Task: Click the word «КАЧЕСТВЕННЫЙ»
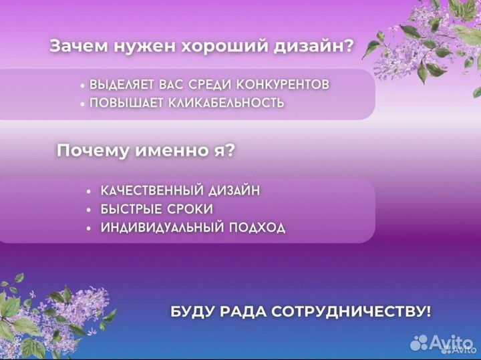click(149, 190)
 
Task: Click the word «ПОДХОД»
click(257, 228)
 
